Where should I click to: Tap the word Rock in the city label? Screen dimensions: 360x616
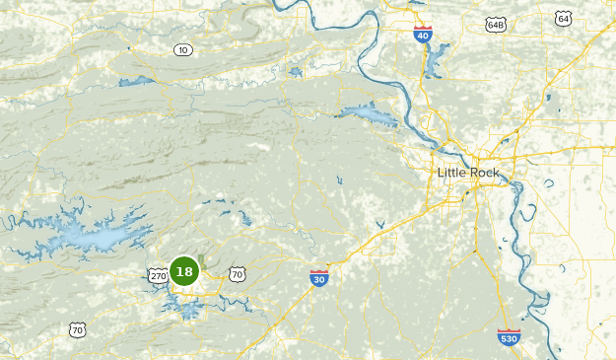pos(484,174)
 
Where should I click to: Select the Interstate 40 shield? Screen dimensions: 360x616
pos(422,34)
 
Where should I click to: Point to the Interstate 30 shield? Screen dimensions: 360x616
pos(317,279)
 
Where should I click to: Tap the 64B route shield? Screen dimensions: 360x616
pos(495,24)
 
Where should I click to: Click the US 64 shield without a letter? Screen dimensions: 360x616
pos(563,19)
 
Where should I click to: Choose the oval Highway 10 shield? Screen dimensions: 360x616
pos(182,49)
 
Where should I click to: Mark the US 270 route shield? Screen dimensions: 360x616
pos(159,277)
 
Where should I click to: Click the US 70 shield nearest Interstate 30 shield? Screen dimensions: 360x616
pos(237,274)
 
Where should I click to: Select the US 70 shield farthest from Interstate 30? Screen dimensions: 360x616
pos(77,328)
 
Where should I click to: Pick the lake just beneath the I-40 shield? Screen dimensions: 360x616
pos(433,61)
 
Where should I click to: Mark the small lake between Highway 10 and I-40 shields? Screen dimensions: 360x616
pos(295,71)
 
